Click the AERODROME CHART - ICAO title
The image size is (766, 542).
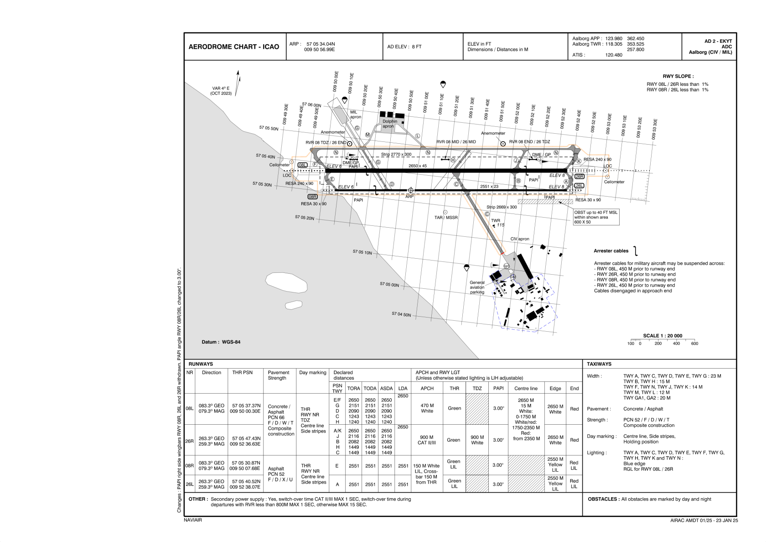pyautogui.click(x=234, y=47)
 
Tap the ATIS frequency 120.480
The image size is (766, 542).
pyautogui.click(x=613, y=55)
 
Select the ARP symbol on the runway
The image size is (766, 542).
pyautogui.click(x=410, y=190)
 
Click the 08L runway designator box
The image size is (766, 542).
pyautogui.click(x=302, y=165)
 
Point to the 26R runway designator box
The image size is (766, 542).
pyautogui.click(x=579, y=177)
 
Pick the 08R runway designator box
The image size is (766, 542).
pyautogui.click(x=312, y=197)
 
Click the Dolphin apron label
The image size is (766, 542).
pyautogui.click(x=389, y=124)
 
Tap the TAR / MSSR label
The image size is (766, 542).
pyautogui.click(x=445, y=218)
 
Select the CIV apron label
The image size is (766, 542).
pyautogui.click(x=520, y=239)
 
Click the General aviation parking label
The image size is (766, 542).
pyautogui.click(x=477, y=287)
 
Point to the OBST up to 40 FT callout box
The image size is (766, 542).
pyautogui.click(x=596, y=217)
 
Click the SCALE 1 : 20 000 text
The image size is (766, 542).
pyautogui.click(x=662, y=336)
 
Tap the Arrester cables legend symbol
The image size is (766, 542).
pyautogui.click(x=635, y=251)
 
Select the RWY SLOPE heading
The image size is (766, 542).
pyautogui.click(x=678, y=77)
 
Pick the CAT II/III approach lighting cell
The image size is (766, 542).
pyautogui.click(x=427, y=443)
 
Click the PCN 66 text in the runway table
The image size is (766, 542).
pyautogui.click(x=276, y=417)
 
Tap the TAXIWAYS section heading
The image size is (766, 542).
pyautogui.click(x=599, y=364)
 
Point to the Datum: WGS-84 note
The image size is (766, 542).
pyautogui.click(x=221, y=342)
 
